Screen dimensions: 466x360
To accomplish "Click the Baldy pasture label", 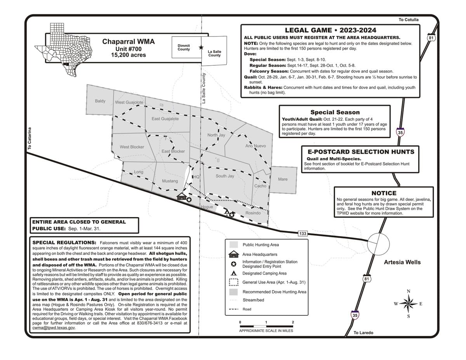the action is click(x=100, y=101).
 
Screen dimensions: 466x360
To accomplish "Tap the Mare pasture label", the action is click(x=283, y=179).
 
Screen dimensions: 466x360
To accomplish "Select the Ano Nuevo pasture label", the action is click(x=256, y=146).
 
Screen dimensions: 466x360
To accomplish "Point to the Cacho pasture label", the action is click(x=260, y=186).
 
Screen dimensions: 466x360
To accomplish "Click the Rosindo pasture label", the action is click(x=253, y=213).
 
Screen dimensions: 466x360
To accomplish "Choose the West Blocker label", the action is click(x=132, y=147).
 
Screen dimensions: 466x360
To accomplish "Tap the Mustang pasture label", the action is click(x=170, y=181).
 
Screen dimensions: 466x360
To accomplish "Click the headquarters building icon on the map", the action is click(x=181, y=197).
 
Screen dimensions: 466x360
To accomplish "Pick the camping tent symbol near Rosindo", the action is click(x=226, y=212).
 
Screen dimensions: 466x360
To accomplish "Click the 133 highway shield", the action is click(x=303, y=233).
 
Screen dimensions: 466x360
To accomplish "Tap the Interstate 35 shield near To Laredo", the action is click(x=355, y=315).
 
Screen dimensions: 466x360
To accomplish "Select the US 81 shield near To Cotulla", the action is click(x=431, y=38).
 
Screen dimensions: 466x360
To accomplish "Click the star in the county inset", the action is click(x=201, y=47).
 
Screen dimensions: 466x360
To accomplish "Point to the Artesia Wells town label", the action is click(x=402, y=262).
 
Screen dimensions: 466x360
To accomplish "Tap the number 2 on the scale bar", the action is click(x=293, y=322).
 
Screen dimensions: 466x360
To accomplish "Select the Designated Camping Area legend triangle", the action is click(x=233, y=273).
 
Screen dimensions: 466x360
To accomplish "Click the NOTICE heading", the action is click(x=384, y=193).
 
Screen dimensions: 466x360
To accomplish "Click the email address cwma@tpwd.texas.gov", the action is click(x=54, y=328).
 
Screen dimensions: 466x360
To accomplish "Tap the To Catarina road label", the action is click(x=30, y=139).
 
